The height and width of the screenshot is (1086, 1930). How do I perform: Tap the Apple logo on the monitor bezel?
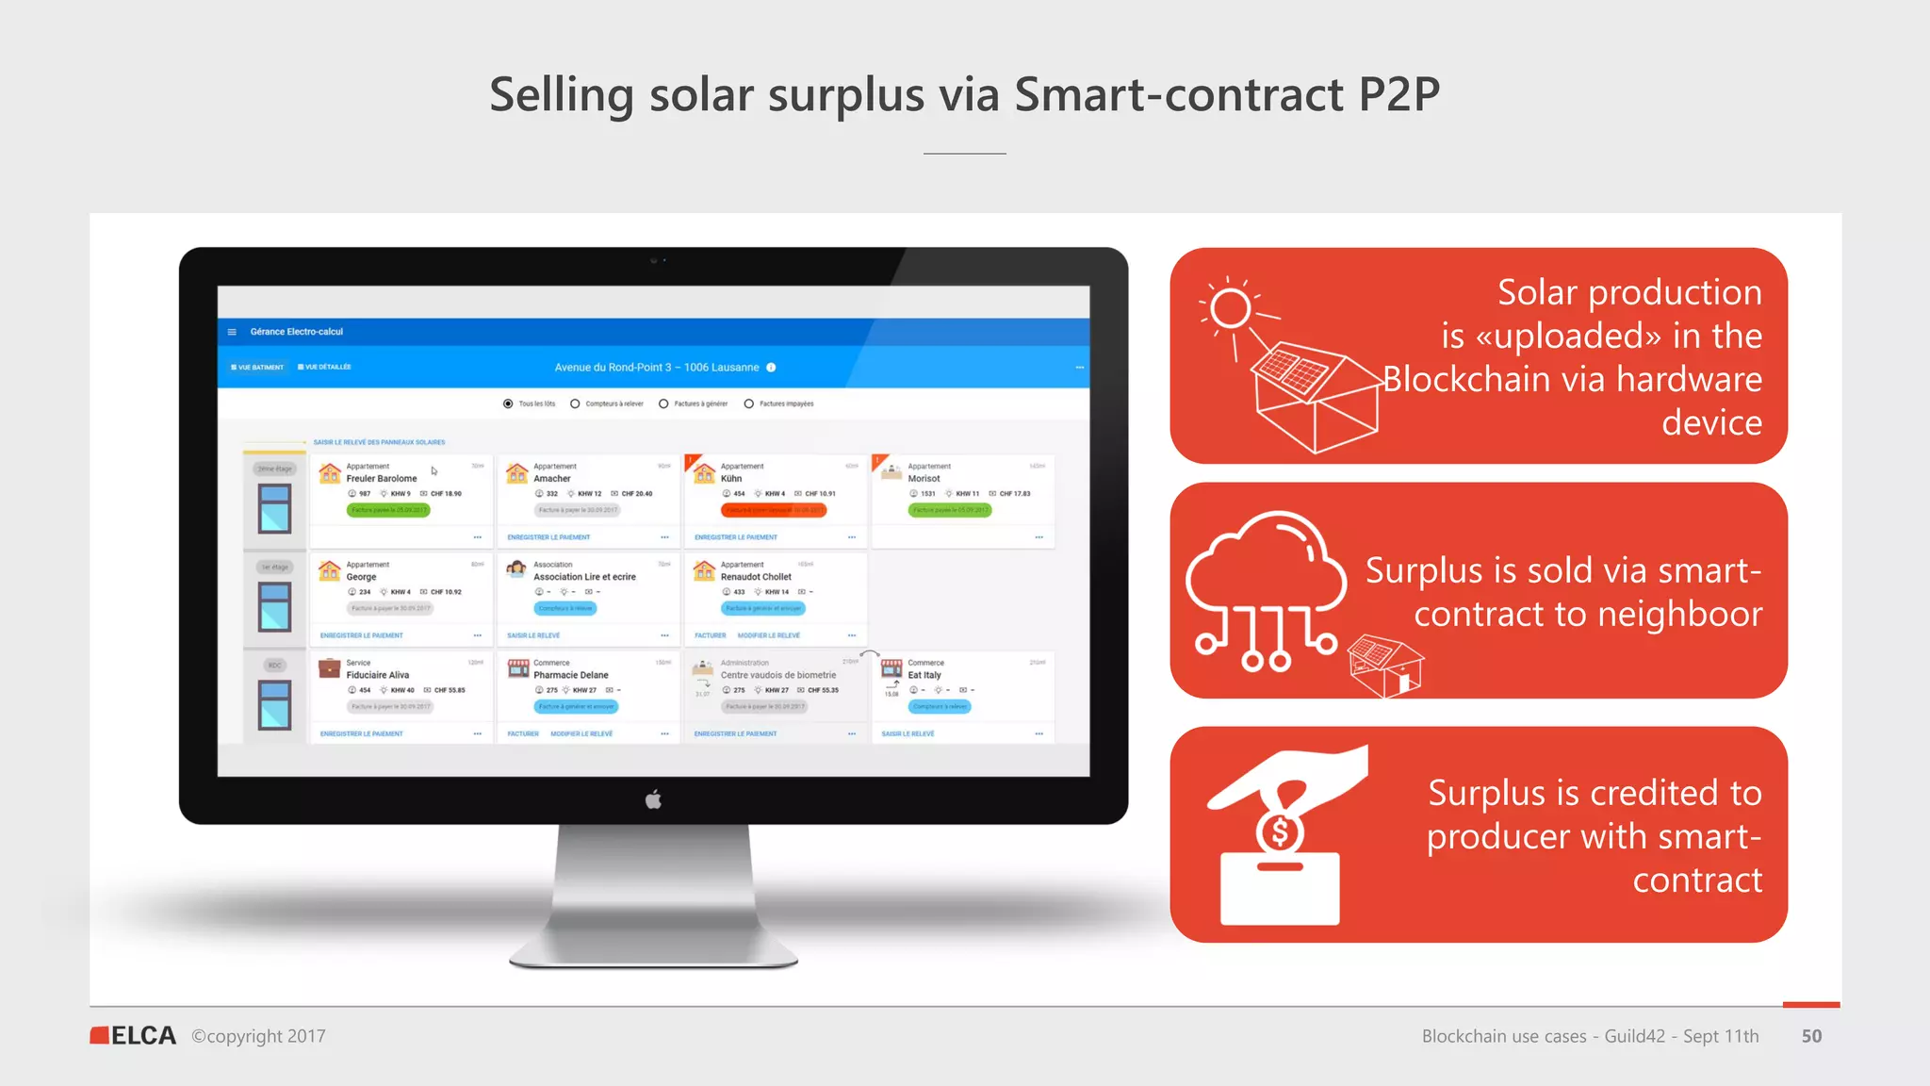(653, 800)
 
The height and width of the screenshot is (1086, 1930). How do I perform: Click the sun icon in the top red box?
(1230, 308)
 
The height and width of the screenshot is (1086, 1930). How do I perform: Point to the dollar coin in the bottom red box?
(1280, 832)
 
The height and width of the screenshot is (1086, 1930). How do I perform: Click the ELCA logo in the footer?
(133, 1035)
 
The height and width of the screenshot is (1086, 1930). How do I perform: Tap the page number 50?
(1811, 1036)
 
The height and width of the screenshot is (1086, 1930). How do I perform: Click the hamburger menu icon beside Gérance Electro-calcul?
(232, 332)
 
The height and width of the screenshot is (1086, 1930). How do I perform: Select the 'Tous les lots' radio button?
(508, 403)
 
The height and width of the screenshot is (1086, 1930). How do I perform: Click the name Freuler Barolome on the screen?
(381, 479)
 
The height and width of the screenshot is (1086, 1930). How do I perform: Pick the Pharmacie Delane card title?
(570, 675)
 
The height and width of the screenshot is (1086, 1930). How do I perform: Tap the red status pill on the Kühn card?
(773, 510)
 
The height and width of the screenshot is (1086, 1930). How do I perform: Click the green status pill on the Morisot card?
(949, 510)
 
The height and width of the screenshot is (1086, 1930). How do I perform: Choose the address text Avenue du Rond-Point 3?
(613, 368)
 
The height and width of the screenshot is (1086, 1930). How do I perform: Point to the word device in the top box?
(1711, 422)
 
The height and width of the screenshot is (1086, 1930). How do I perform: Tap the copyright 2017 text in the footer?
(258, 1036)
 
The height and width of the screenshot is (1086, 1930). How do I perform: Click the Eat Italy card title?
(924, 675)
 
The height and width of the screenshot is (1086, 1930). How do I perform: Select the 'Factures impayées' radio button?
(749, 403)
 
